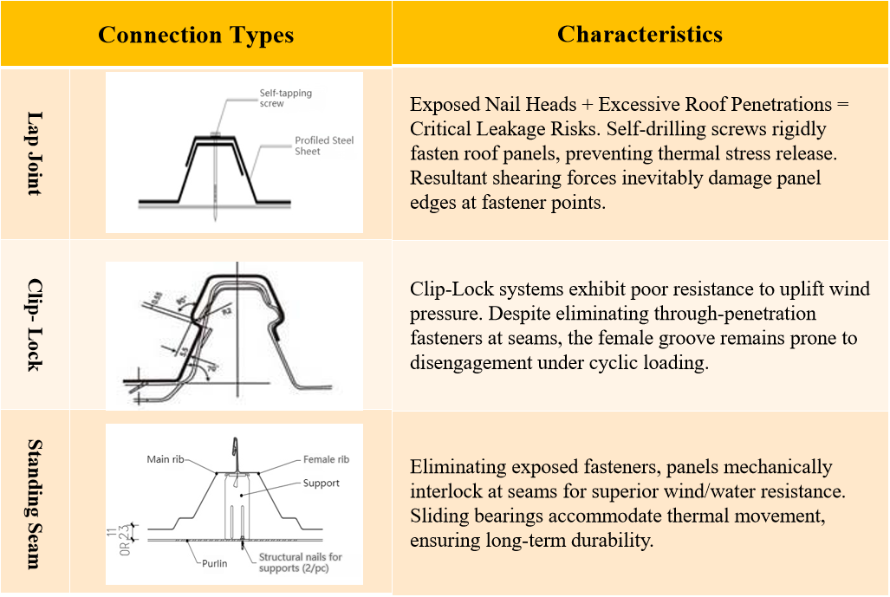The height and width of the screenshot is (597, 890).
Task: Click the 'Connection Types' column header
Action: click(196, 36)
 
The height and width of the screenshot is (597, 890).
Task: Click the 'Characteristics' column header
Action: click(640, 34)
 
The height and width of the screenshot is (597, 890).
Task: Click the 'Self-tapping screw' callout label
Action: click(285, 98)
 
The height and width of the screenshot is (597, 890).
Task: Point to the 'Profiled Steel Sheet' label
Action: click(323, 146)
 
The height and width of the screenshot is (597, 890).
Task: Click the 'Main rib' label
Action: click(170, 459)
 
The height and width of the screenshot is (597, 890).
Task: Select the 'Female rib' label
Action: click(326, 459)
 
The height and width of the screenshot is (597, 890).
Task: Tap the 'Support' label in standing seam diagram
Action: click(322, 483)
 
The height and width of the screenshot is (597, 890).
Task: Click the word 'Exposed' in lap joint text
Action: click(445, 105)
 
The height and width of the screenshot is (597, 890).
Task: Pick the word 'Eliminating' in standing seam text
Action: click(458, 468)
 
